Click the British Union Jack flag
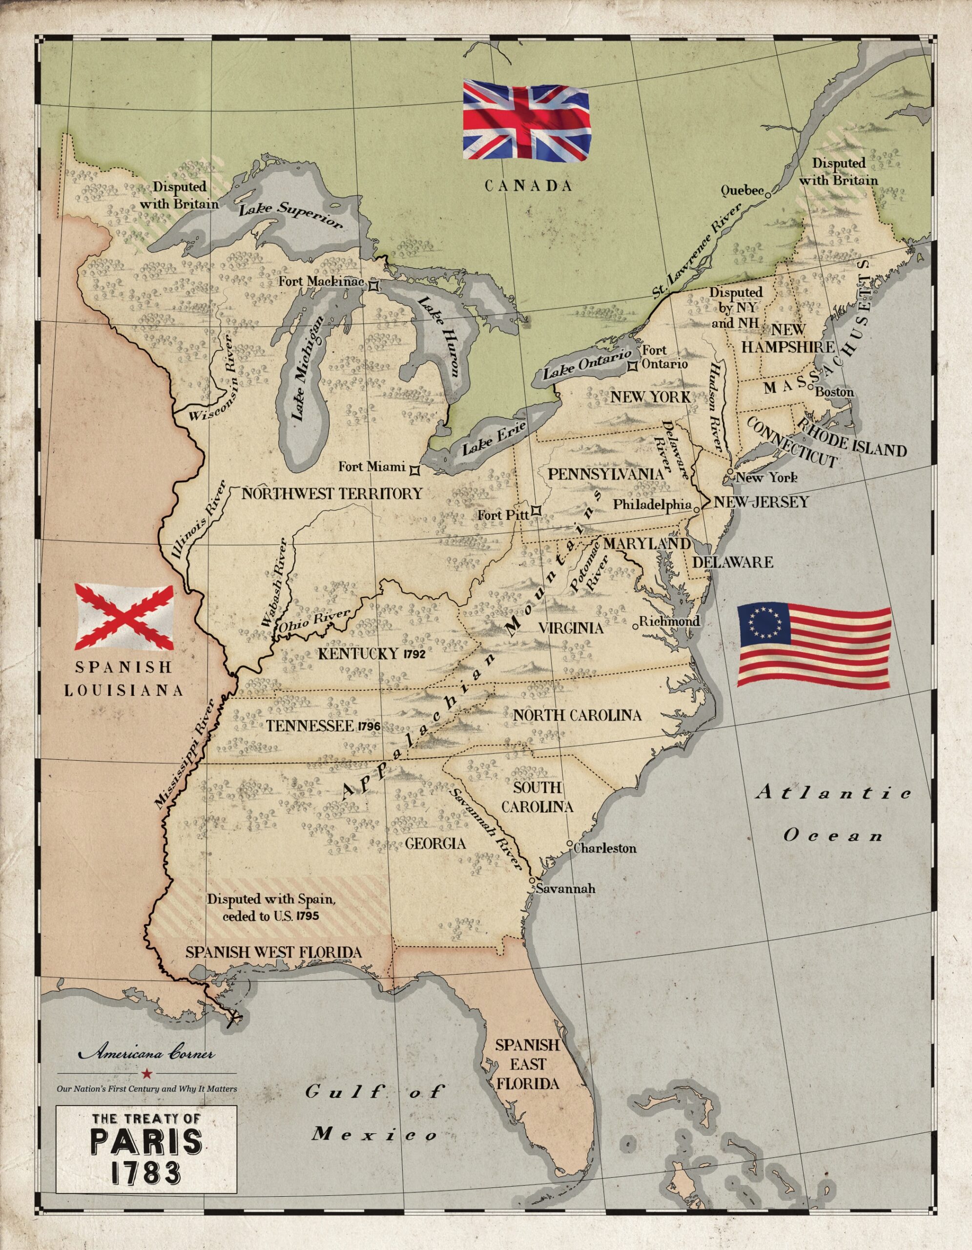[x=526, y=120]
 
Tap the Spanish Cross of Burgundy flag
[x=124, y=616]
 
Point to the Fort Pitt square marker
[x=536, y=511]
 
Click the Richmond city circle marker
[x=635, y=626]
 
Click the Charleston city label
[x=605, y=848]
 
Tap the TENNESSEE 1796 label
[x=323, y=726]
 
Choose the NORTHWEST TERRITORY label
[x=332, y=493]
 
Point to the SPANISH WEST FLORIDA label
[x=273, y=952]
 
